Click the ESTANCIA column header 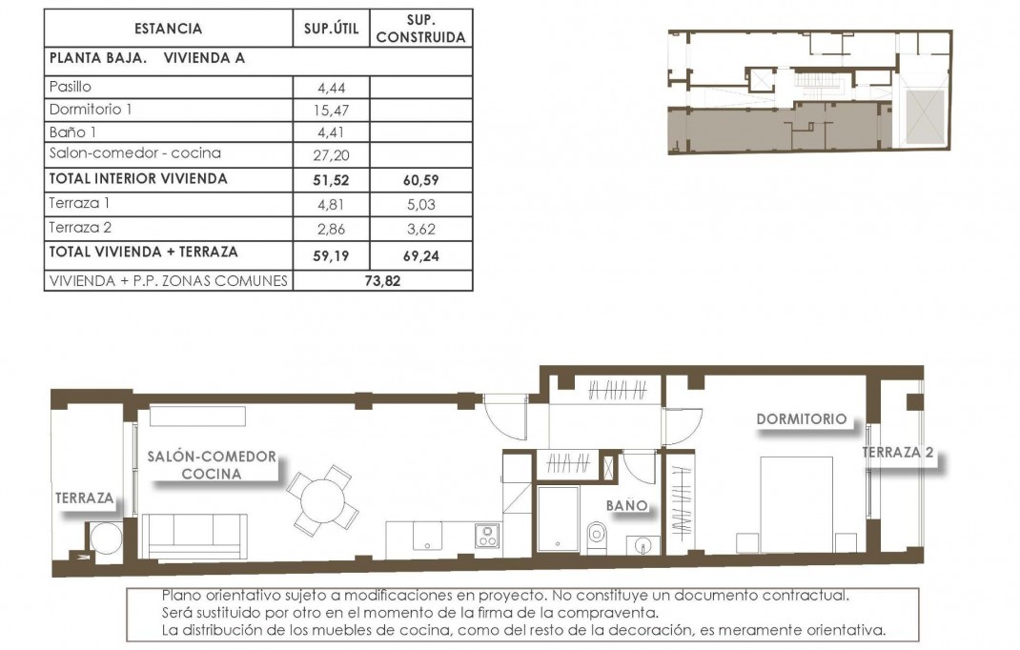168,29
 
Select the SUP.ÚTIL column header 331,29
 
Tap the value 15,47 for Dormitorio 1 330,111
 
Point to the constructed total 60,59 420,179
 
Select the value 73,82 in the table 381,280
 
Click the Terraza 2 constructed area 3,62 420,229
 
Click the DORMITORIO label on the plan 801,418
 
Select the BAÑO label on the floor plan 626,505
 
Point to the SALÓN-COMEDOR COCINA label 212,465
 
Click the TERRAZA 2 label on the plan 897,453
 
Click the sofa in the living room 198,536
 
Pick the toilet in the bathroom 595,537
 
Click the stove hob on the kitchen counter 487,537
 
